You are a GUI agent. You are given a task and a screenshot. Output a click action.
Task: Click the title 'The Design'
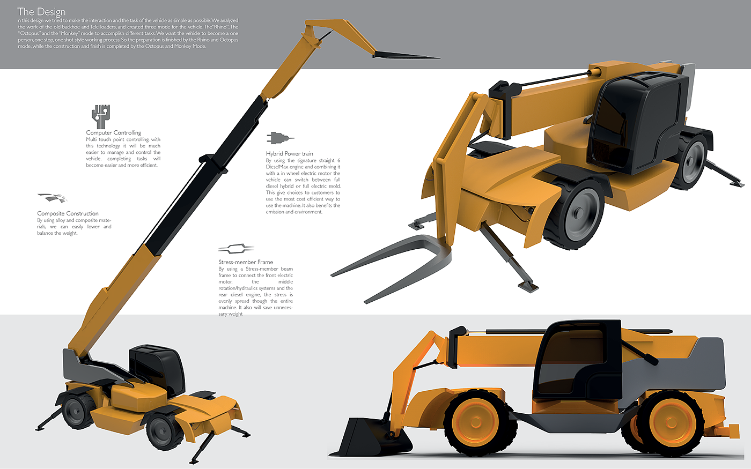click(41, 12)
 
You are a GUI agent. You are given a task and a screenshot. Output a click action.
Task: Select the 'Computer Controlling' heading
click(113, 132)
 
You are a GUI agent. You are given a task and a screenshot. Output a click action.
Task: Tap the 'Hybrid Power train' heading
click(289, 153)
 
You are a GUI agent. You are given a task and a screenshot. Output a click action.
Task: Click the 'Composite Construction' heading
click(68, 213)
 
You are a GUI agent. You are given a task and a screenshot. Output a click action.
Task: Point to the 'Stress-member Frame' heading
click(246, 262)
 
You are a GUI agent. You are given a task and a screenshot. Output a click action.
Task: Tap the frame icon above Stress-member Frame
click(235, 249)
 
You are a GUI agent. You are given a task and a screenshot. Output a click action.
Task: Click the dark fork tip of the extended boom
click(408, 56)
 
